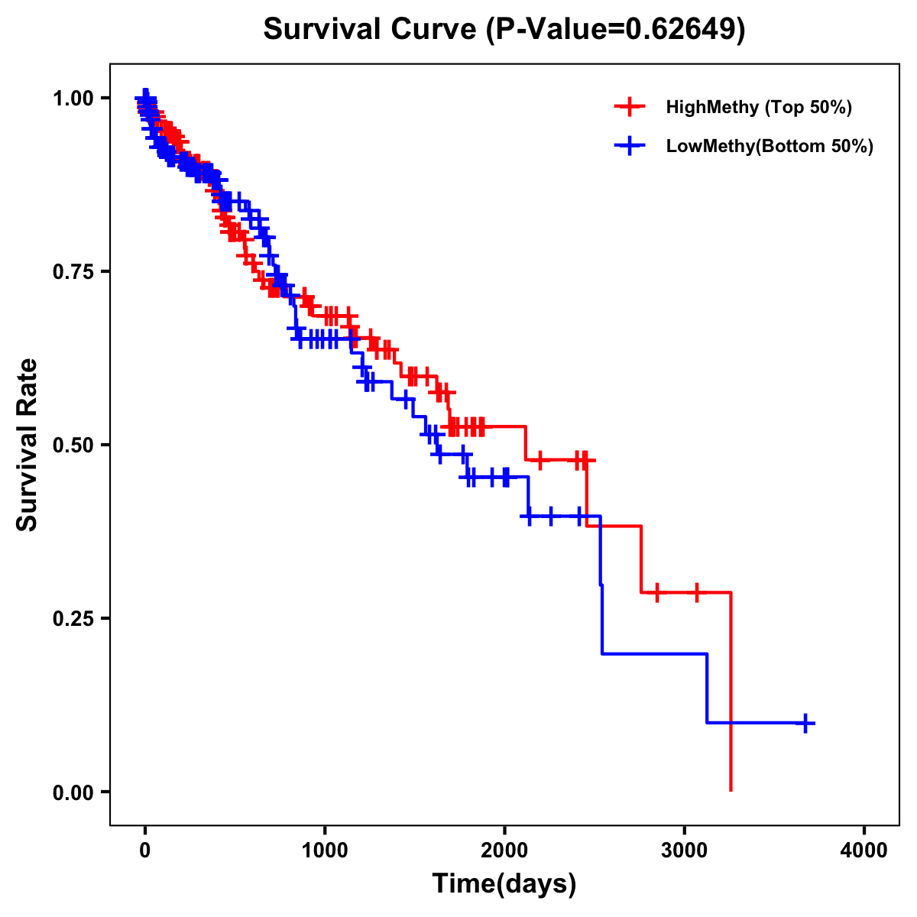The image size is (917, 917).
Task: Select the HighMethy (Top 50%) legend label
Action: pos(758,107)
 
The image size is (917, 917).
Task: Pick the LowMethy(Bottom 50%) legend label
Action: pos(770,146)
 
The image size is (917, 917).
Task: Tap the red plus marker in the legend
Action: pos(630,107)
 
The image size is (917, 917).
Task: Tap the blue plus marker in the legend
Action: pos(630,146)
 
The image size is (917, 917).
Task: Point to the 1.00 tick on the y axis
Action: pos(72,98)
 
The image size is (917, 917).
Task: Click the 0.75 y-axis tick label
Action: pos(72,271)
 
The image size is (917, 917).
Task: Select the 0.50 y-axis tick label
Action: pos(72,445)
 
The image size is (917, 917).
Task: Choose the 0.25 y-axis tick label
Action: pos(72,618)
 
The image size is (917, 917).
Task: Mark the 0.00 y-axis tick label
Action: pos(72,792)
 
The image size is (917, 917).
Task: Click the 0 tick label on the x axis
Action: pos(144,851)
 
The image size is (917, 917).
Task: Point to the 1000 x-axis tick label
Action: pos(325,851)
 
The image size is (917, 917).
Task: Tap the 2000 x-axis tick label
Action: pos(504,851)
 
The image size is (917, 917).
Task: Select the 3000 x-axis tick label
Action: pos(685,851)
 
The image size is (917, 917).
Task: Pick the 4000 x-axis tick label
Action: pos(864,851)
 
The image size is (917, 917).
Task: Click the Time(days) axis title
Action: pos(504,884)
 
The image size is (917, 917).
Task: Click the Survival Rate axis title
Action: pos(28,445)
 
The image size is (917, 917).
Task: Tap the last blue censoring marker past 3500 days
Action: pos(805,723)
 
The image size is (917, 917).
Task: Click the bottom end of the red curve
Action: pos(731,789)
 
